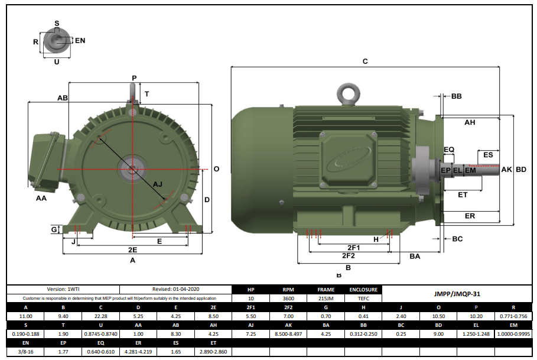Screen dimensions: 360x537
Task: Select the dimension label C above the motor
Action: pos(365,61)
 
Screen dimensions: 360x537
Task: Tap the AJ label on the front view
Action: pos(158,184)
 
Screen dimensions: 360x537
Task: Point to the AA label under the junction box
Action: pos(41,199)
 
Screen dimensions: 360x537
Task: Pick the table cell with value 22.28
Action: pos(100,316)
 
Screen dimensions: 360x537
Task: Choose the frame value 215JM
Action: pos(326,299)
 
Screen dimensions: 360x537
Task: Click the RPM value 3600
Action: pos(288,299)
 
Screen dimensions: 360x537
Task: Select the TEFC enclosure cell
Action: pos(363,299)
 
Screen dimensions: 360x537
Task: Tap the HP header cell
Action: pos(250,290)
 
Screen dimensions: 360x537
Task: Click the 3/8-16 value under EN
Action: pos(25,352)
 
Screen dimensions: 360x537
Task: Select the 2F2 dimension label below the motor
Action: pos(348,256)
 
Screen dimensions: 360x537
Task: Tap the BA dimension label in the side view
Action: pos(415,256)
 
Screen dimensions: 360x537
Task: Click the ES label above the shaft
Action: pos(488,155)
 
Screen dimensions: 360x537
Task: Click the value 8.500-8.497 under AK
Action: pos(288,334)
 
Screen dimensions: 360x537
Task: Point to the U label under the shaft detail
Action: pos(57,62)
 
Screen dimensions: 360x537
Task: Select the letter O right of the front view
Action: pos(216,169)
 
